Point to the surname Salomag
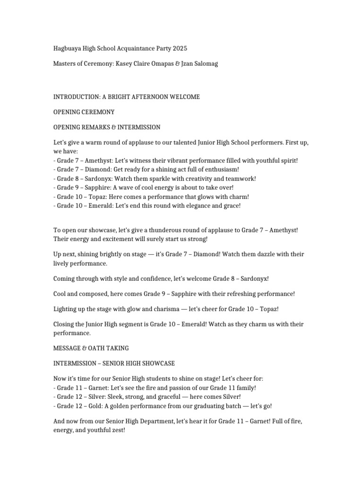click(x=205, y=64)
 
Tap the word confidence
click(x=144, y=278)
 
